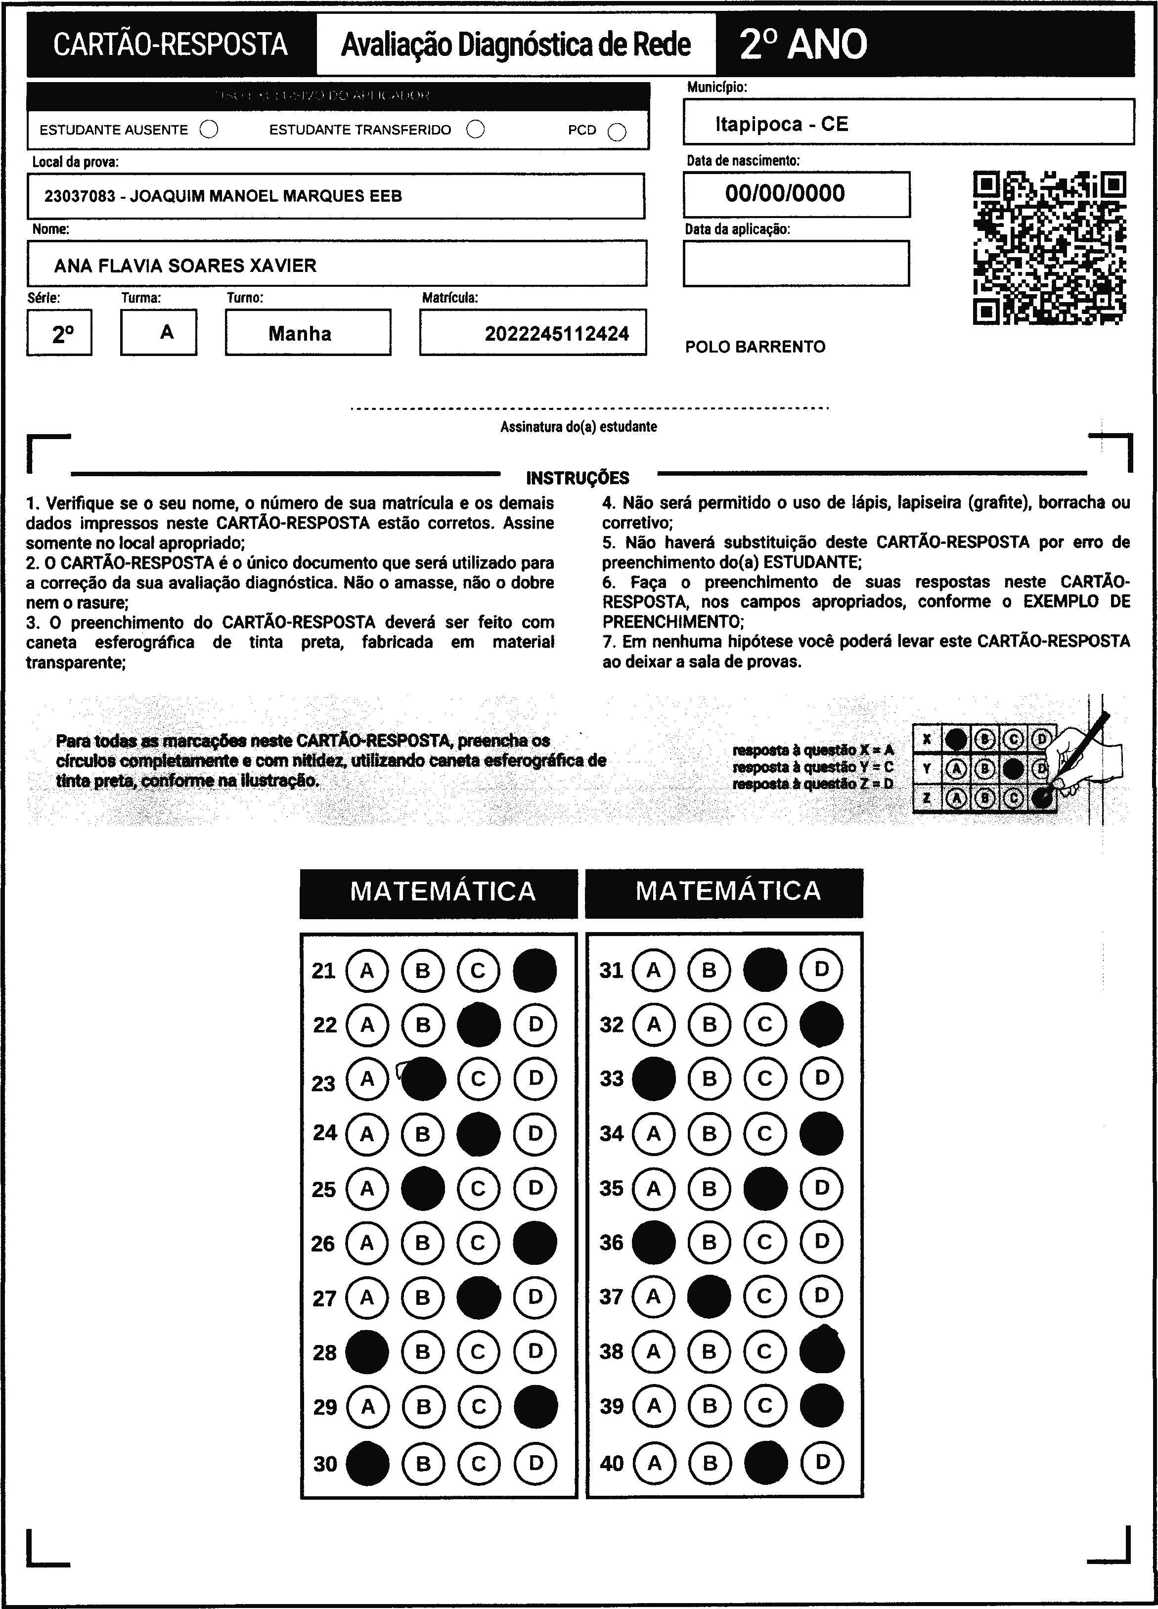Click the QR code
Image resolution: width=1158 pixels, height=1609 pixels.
(1049, 248)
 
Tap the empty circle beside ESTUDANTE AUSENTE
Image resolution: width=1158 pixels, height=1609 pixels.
(209, 130)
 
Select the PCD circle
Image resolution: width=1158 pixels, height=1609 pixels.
(617, 133)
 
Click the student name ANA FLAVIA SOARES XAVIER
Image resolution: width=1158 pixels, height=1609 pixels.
(185, 266)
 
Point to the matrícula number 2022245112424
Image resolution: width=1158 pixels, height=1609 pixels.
(556, 334)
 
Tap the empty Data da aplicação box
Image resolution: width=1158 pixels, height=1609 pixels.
(796, 263)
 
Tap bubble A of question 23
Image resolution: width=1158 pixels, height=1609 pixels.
(367, 1079)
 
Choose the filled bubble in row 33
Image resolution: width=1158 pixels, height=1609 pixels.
(654, 1078)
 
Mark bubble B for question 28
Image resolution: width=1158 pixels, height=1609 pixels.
(423, 1351)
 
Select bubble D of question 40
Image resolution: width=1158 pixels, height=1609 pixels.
(822, 1462)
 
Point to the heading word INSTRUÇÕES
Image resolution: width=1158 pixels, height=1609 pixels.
(578, 478)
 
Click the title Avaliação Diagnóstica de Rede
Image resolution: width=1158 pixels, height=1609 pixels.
(516, 45)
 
